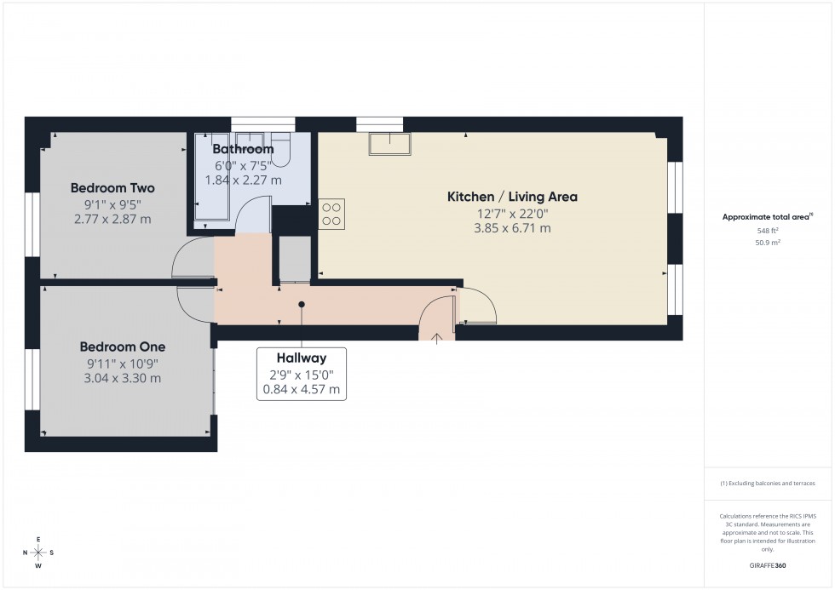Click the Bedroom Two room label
click(x=112, y=188)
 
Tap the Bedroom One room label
click(x=123, y=347)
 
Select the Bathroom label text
click(x=243, y=150)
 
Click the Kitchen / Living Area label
click(x=512, y=197)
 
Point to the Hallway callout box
click(x=302, y=374)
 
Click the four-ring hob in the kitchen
click(x=331, y=214)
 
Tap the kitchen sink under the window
click(x=389, y=144)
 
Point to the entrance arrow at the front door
click(x=437, y=338)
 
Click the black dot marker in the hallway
click(x=302, y=304)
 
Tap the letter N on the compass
click(x=26, y=553)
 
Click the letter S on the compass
click(x=52, y=553)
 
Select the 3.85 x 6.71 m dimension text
click(x=511, y=228)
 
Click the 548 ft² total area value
click(x=769, y=230)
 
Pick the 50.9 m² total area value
click(x=769, y=242)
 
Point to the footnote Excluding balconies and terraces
click(x=768, y=483)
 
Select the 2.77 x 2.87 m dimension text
click(x=112, y=220)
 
